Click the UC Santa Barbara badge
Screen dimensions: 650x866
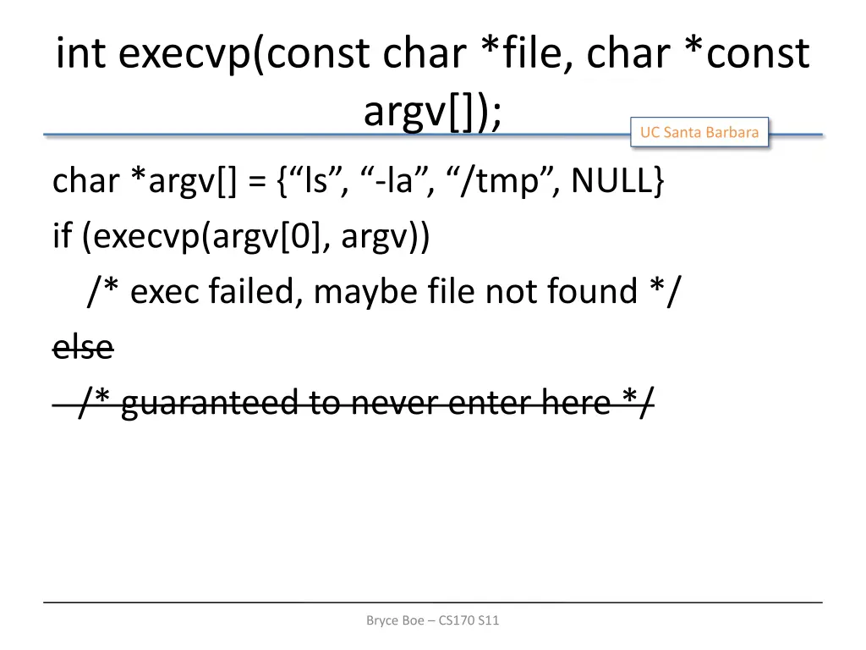tap(699, 132)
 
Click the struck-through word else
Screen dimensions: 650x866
tap(83, 346)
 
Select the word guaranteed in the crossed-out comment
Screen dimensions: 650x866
tap(209, 402)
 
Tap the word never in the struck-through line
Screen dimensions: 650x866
tap(395, 402)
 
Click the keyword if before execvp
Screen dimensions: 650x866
tap(62, 237)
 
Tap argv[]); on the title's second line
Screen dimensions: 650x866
tap(432, 110)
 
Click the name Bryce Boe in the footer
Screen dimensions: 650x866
tap(396, 620)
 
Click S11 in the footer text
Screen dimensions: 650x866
tap(489, 620)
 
